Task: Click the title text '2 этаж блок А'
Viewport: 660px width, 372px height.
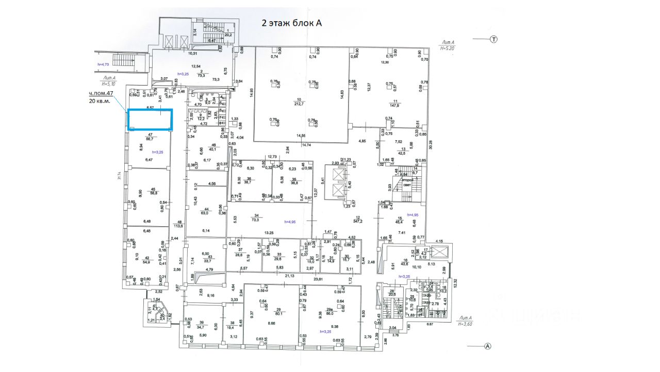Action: point(292,23)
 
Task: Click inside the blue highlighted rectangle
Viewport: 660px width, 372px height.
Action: point(150,120)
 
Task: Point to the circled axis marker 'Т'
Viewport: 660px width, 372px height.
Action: point(493,39)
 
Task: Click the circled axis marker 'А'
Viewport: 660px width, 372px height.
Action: point(487,347)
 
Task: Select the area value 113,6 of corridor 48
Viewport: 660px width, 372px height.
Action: point(179,226)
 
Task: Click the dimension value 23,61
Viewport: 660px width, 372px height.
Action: point(323,279)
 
